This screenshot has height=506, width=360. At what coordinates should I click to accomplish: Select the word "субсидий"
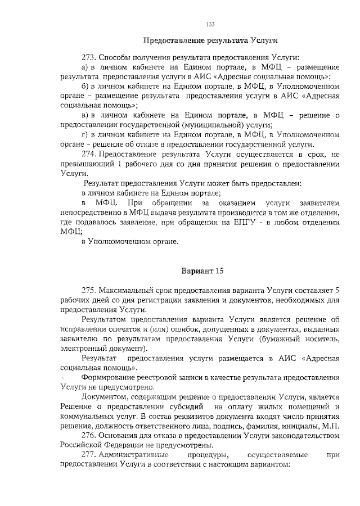183,406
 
